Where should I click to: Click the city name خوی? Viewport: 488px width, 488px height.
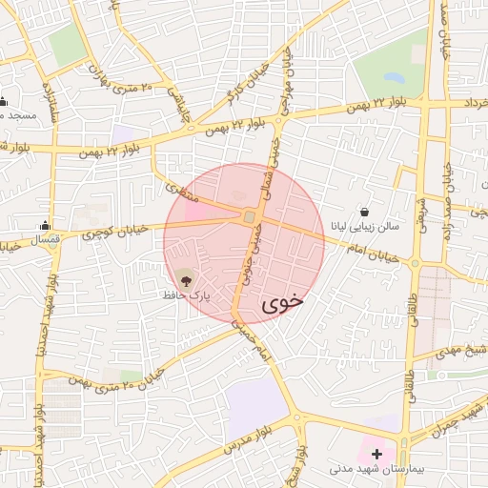click(281, 302)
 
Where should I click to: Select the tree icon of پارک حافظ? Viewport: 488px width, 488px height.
click(185, 279)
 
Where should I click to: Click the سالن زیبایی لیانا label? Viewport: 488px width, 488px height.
click(366, 228)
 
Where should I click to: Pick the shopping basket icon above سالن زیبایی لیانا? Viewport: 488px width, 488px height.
click(365, 212)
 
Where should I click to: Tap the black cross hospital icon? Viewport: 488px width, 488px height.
click(377, 454)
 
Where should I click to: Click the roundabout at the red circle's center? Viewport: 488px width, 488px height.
click(249, 218)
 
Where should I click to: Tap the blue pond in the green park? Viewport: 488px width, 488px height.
click(394, 78)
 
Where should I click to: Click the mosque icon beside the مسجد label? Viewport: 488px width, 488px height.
click(4, 101)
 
